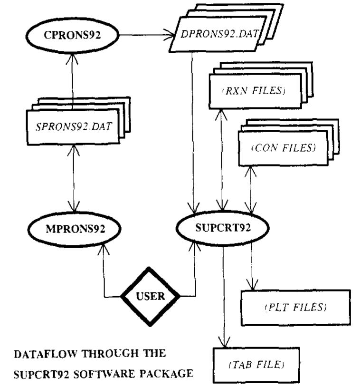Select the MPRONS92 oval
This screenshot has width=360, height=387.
coord(74,229)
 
